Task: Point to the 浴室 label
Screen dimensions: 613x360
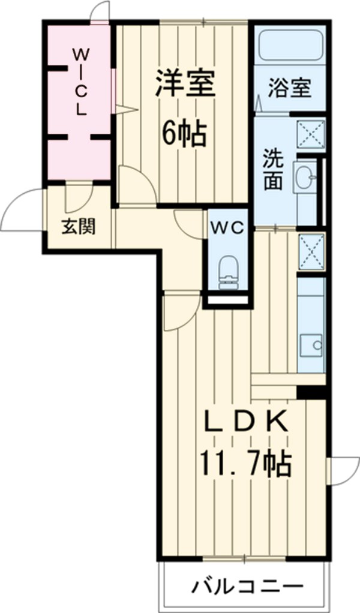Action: [x=289, y=88]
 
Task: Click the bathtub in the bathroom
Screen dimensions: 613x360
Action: [x=291, y=45]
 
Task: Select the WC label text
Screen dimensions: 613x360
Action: [x=226, y=227]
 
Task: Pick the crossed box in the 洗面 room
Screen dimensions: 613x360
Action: [x=312, y=133]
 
